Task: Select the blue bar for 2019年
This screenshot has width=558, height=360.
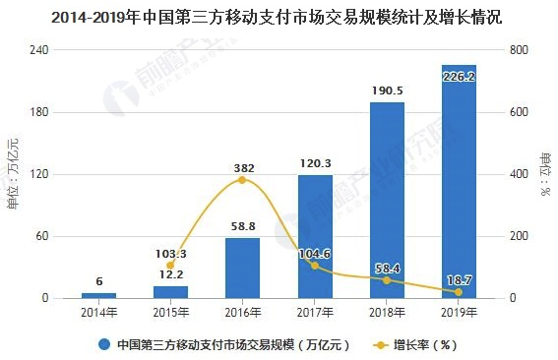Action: (459, 187)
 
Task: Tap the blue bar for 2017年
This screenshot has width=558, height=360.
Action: (315, 241)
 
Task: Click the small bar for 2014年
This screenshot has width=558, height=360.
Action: (98, 295)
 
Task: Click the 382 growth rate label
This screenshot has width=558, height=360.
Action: (243, 168)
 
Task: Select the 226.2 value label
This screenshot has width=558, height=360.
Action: (459, 75)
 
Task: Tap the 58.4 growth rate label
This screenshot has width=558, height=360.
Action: (387, 268)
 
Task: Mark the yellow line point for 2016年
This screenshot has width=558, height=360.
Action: (242, 180)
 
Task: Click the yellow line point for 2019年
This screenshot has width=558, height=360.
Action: (459, 290)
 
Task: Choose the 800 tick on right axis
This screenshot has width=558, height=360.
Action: (517, 50)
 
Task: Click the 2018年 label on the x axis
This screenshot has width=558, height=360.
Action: (387, 313)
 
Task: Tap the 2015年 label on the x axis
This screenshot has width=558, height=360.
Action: (170, 313)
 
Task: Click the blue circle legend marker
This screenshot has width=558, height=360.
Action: (103, 345)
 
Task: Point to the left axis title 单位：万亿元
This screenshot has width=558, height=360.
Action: (13, 175)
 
